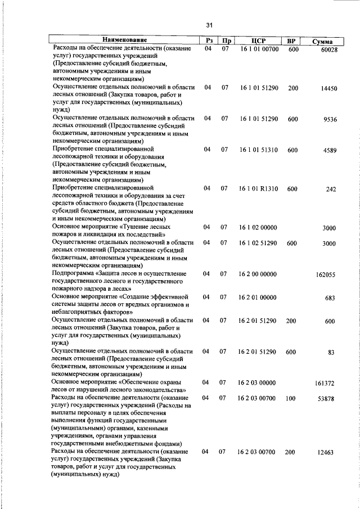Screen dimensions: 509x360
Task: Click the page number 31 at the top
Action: click(x=209, y=25)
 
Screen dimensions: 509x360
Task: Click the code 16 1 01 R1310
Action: click(x=259, y=188)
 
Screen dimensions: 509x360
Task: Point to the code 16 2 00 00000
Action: click(x=258, y=274)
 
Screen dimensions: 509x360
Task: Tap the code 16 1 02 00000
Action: click(x=258, y=227)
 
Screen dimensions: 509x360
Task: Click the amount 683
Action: click(x=330, y=298)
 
